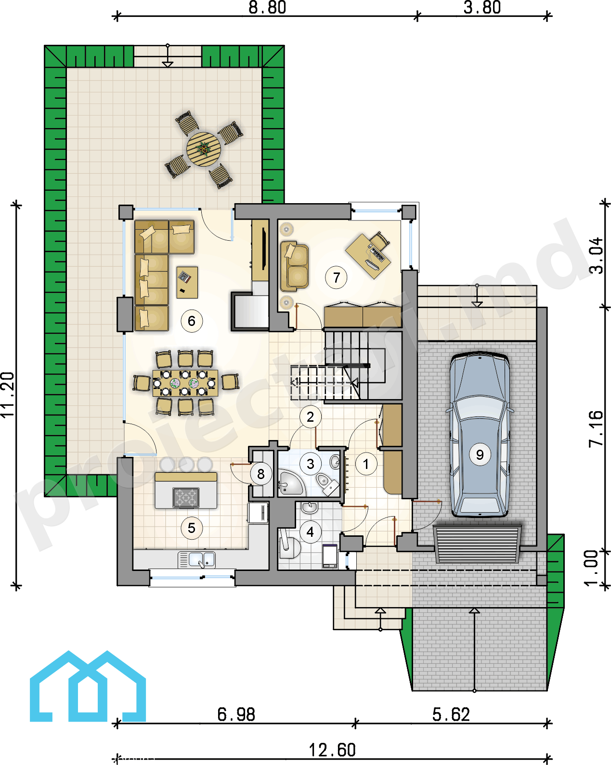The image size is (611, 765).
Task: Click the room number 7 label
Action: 336,277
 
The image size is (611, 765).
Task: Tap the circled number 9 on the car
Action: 480,454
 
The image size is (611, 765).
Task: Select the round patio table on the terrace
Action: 204,149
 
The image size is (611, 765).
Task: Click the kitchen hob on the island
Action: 186,497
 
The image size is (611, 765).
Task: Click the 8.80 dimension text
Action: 267,8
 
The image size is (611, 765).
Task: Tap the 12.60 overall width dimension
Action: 332,750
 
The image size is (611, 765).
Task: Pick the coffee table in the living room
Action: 187,282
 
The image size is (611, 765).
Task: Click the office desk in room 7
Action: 368,256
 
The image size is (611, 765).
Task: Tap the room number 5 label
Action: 191,528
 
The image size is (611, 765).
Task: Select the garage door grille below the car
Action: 477,544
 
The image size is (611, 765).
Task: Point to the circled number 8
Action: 260,474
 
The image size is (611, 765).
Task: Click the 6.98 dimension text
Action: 236,714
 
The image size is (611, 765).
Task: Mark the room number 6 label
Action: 191,321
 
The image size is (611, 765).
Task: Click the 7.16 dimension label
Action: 597,428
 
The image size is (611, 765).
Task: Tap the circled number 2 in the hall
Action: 310,416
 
